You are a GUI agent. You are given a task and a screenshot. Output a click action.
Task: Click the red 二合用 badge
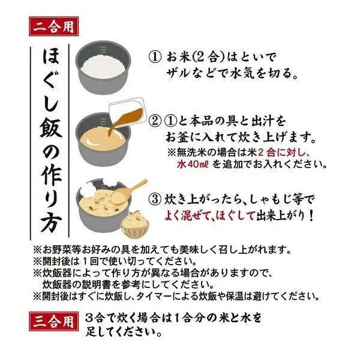click(54, 26)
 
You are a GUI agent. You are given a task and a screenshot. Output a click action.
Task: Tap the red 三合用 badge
click(54, 322)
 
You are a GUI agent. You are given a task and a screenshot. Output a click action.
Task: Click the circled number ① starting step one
click(155, 57)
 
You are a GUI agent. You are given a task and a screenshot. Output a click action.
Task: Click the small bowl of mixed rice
click(135, 224)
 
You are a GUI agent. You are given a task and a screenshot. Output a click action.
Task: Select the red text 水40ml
click(193, 164)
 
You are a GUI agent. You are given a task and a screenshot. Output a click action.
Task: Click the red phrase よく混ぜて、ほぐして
click(209, 215)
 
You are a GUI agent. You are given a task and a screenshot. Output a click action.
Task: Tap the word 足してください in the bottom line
click(124, 332)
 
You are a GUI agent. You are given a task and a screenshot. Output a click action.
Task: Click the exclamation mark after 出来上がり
click(311, 216)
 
